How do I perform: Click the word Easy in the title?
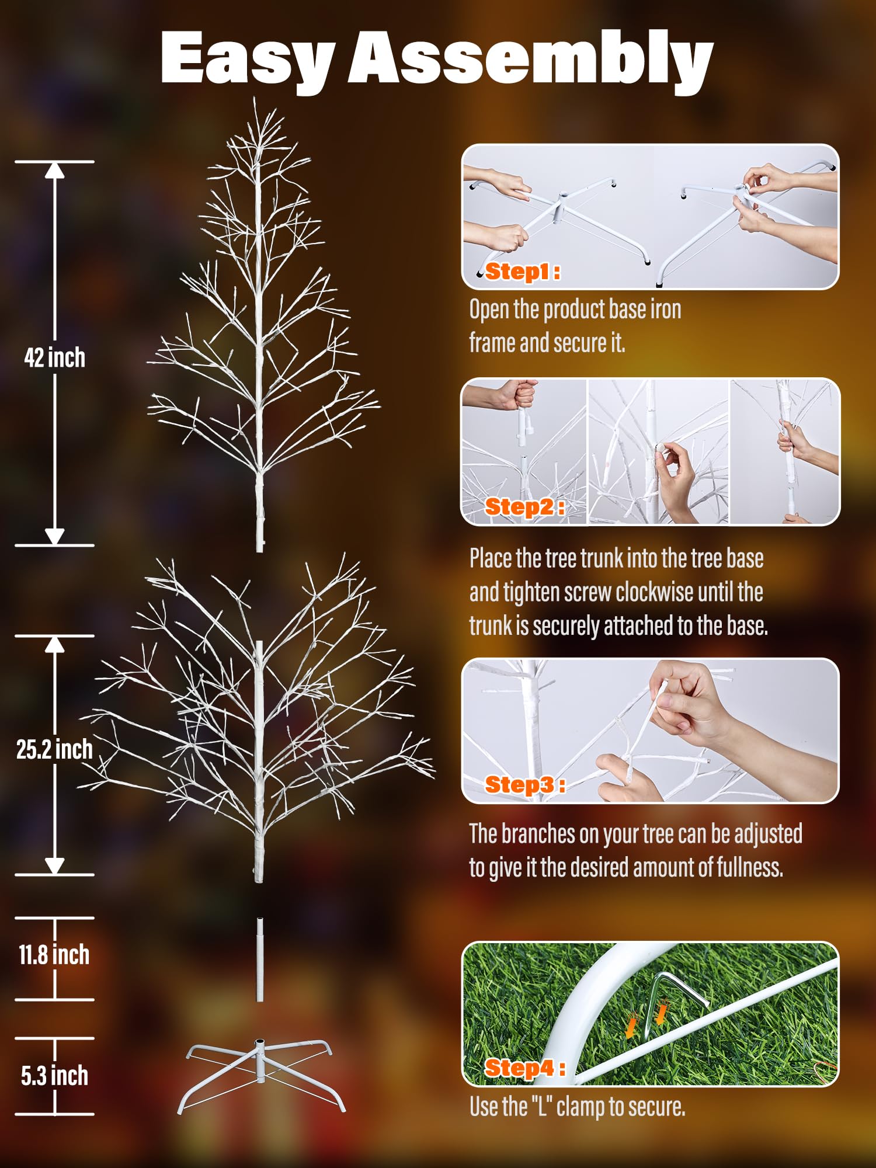pyautogui.click(x=248, y=58)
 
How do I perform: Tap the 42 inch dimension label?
pyautogui.click(x=54, y=357)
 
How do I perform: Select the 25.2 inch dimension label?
pyautogui.click(x=54, y=749)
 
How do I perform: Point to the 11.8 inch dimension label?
pyautogui.click(x=54, y=955)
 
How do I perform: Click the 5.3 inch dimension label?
pyautogui.click(x=54, y=1076)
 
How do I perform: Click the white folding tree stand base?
pyautogui.click(x=260, y=1075)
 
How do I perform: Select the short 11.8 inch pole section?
pyautogui.click(x=260, y=960)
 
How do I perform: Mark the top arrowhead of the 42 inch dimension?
pyautogui.click(x=54, y=170)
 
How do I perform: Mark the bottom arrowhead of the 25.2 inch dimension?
pyautogui.click(x=54, y=866)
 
